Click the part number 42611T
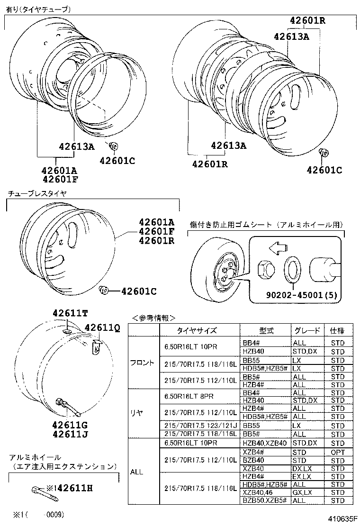(70, 313)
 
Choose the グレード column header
(307, 331)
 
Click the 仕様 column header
(338, 331)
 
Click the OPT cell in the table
(338, 453)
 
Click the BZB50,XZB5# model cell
(264, 500)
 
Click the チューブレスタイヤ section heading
(37, 193)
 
